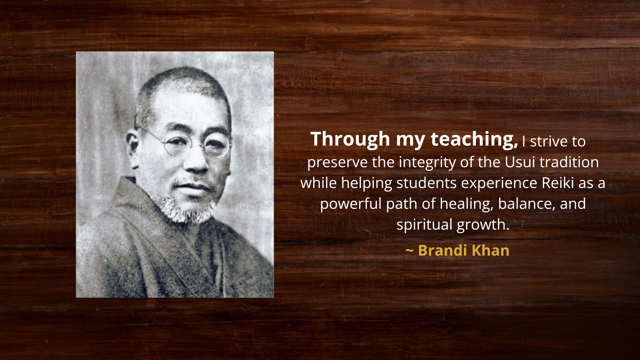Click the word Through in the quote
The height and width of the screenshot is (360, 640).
pyautogui.click(x=350, y=139)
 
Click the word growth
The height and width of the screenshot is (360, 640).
pyautogui.click(x=483, y=225)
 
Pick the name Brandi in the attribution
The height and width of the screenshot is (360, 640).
pyautogui.click(x=442, y=250)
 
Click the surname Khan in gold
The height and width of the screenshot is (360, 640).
pyautogui.click(x=490, y=250)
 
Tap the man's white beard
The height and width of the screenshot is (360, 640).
pyautogui.click(x=187, y=210)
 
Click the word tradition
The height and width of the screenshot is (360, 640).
pyautogui.click(x=569, y=162)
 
